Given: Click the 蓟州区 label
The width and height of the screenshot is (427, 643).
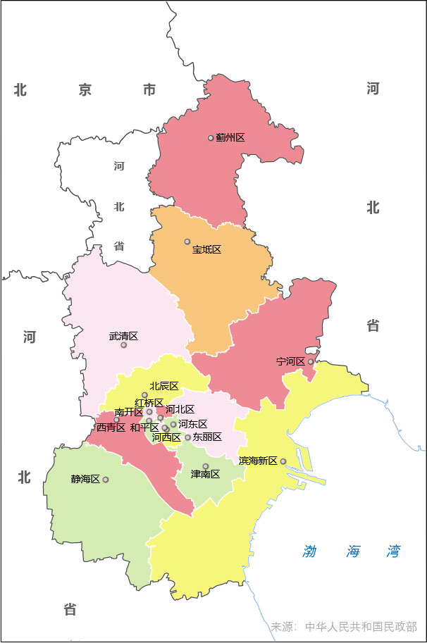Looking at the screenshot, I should point(230,138).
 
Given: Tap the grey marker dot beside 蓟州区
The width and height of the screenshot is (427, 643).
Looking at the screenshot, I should point(211,138).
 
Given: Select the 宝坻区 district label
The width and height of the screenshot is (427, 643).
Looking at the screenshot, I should point(206,250).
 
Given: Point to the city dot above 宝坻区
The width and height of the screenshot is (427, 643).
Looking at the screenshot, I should point(187,242).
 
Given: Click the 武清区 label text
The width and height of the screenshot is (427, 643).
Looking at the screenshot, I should point(123,336).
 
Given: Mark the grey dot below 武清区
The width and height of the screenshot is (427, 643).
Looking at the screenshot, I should point(124,345).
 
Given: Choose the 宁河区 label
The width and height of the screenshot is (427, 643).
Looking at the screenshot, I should point(290,361).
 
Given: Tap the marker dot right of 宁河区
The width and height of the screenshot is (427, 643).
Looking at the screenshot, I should point(311,361).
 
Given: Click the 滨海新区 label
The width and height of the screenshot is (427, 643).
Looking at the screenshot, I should point(258,461).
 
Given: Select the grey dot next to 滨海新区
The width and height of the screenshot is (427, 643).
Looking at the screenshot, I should point(283,461).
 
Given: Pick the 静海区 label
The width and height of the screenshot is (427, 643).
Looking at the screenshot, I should point(85,480).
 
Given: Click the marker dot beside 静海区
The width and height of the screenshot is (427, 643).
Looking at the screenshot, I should point(106,480).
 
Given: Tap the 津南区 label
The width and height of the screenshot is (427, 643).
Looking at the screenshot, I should point(206,475).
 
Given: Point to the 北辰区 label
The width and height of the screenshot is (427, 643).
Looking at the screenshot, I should point(164,385).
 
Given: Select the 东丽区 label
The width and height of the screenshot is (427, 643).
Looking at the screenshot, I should point(208,437).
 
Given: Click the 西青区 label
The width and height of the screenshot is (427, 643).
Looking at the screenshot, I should point(111,427).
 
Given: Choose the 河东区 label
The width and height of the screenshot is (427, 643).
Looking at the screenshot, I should point(193,424).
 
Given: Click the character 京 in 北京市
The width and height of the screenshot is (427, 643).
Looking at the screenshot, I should point(85,89).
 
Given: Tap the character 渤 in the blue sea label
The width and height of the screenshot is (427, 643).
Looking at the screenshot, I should point(310,551).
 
